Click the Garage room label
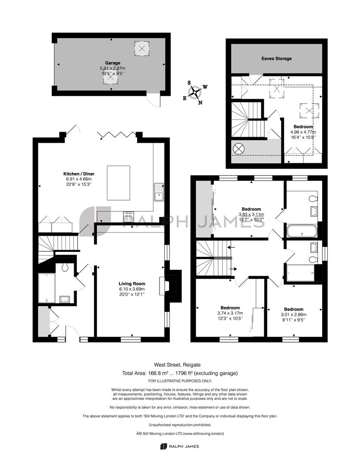coord(113,63)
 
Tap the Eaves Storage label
coord(276,59)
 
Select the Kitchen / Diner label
coord(79,174)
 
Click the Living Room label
coord(132,283)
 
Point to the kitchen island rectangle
coord(119,183)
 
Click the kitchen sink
coord(159,192)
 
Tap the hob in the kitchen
coord(128,216)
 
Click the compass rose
coord(195,92)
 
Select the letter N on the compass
coord(200,103)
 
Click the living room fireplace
coord(170,286)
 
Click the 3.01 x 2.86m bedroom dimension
coord(294,315)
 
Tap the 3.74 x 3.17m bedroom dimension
coord(230,313)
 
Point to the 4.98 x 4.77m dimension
coord(303,132)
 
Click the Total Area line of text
coord(180,373)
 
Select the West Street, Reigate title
coord(177,365)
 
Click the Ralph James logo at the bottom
coord(180,447)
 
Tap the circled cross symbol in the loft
coord(238,148)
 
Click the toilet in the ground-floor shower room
coord(65,268)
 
